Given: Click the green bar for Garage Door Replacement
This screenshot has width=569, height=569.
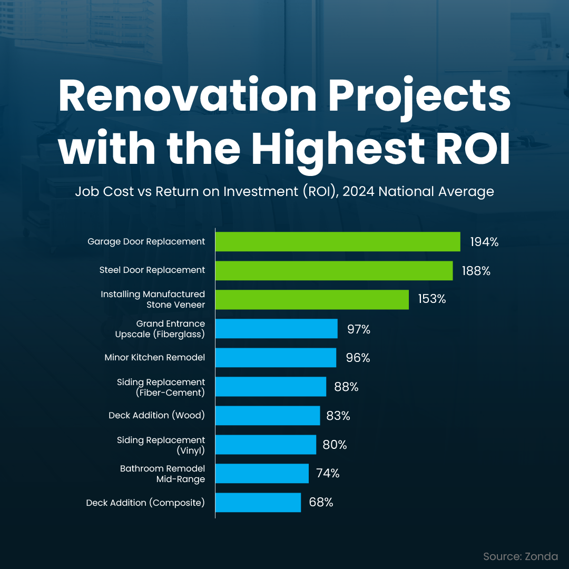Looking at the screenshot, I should [x=337, y=242].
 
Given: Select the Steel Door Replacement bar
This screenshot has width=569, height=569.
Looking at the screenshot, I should [x=333, y=271].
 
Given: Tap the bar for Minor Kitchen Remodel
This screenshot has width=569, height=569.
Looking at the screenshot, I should [x=276, y=358].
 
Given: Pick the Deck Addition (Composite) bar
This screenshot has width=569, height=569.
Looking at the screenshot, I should [x=258, y=503].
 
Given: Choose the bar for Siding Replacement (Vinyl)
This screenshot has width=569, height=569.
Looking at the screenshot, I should [x=266, y=445].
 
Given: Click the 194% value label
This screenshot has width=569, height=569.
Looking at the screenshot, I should [x=484, y=242].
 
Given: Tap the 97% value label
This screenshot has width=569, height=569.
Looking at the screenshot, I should [x=359, y=329].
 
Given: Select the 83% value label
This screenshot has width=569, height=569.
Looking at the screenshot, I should [x=338, y=416].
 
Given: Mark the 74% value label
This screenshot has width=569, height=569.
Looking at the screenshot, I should [x=328, y=473].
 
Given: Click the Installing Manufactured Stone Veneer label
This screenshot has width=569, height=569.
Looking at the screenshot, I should [x=153, y=299].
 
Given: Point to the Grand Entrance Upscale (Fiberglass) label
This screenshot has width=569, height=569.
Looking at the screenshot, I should [x=160, y=328].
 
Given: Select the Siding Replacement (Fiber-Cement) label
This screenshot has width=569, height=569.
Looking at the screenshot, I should [x=161, y=387].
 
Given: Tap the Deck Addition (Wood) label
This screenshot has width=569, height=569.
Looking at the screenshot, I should [x=156, y=416].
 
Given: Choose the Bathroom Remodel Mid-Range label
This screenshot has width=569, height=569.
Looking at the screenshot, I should [x=162, y=473].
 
